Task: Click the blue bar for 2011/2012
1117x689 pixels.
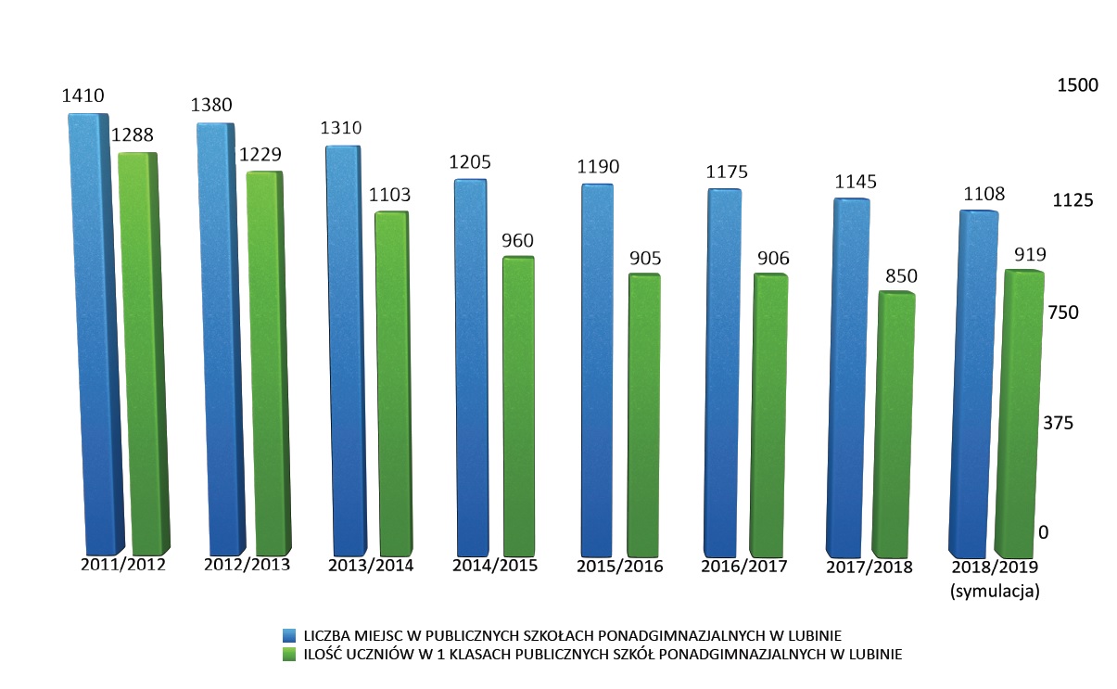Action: [95, 334]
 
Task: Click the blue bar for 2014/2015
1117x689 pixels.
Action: [472, 366]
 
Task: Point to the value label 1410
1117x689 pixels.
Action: [83, 96]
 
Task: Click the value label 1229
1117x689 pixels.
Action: [260, 154]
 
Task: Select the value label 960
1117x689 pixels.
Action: [517, 240]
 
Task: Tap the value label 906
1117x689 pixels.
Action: [772, 259]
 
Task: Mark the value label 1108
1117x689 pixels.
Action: [984, 194]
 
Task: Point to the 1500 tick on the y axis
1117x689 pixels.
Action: [1077, 85]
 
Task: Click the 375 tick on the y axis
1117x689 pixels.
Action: [1057, 424]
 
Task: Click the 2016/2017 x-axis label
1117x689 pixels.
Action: [744, 566]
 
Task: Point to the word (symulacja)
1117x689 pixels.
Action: [995, 589]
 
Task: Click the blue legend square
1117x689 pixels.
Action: [290, 635]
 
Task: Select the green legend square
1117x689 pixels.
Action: [290, 655]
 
